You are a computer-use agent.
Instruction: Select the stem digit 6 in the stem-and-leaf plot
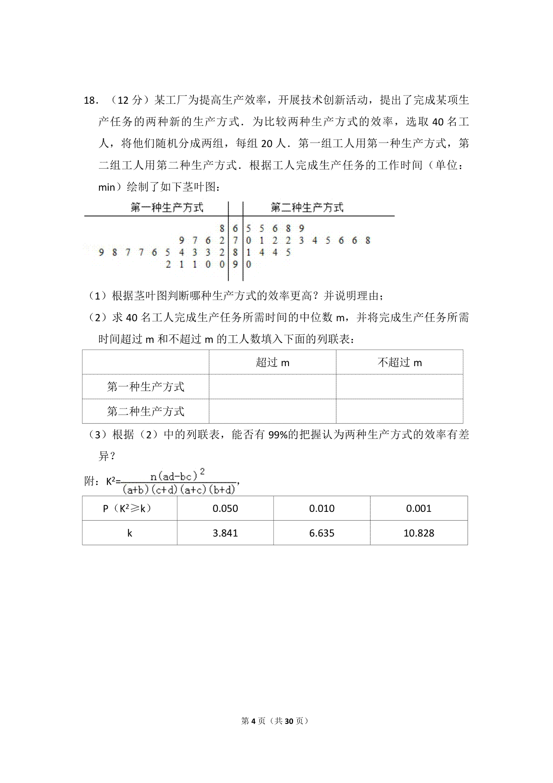tap(235, 228)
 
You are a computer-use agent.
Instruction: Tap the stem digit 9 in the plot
tap(235, 265)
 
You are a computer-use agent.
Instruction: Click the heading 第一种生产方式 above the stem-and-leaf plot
tap(167, 208)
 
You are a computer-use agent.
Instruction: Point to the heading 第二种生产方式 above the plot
tap(307, 208)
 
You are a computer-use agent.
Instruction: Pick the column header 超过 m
tap(272, 362)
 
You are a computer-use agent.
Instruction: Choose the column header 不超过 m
tap(400, 362)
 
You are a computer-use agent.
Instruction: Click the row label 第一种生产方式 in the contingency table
tap(146, 386)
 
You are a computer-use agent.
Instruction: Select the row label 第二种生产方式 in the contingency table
tap(146, 411)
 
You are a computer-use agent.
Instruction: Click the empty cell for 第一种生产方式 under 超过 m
tap(272, 386)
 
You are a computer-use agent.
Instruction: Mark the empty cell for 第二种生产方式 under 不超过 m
tap(400, 411)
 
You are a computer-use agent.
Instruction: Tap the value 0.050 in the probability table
tap(225, 509)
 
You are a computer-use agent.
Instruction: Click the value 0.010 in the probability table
tap(322, 509)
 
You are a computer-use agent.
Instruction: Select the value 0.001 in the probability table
tap(418, 509)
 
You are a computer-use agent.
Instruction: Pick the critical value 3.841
tap(225, 533)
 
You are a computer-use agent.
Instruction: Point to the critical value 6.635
tap(322, 533)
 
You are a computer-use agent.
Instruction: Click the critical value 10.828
tap(418, 533)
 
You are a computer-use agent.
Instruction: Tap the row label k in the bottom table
tap(129, 533)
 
